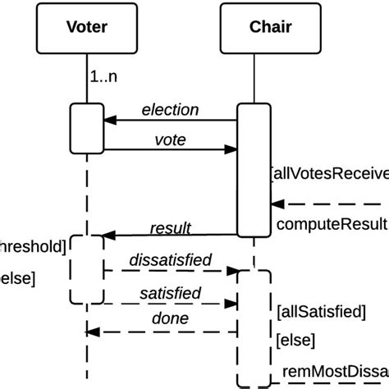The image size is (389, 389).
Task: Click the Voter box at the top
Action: pyautogui.click(x=86, y=27)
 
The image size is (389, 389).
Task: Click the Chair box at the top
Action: pyautogui.click(x=270, y=27)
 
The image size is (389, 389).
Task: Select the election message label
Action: pyautogui.click(x=170, y=109)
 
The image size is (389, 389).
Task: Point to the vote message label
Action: pyautogui.click(x=170, y=140)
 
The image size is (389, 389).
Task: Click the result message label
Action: pyautogui.click(x=170, y=227)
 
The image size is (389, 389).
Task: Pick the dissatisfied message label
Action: pyautogui.click(x=170, y=260)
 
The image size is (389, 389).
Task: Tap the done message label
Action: pyautogui.click(x=170, y=318)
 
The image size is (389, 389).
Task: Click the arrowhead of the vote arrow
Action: pyautogui.click(x=232, y=150)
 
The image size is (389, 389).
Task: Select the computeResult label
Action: pyautogui.click(x=332, y=224)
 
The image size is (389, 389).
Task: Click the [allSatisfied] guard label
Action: pyautogui.click(x=321, y=311)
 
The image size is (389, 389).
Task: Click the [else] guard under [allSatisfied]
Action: pyautogui.click(x=295, y=339)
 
